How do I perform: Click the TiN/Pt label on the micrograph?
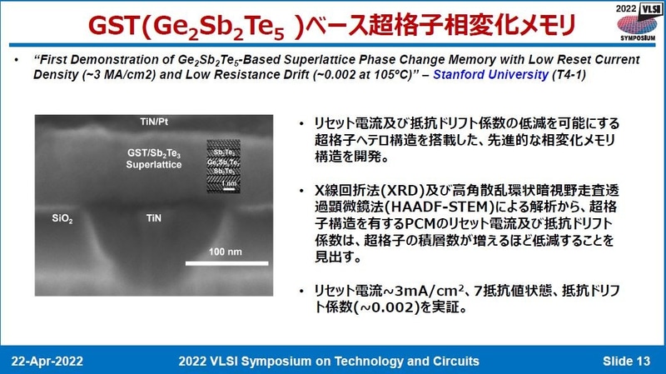pos(156,122)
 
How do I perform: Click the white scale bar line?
pos(226,265)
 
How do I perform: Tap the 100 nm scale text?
pos(227,251)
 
